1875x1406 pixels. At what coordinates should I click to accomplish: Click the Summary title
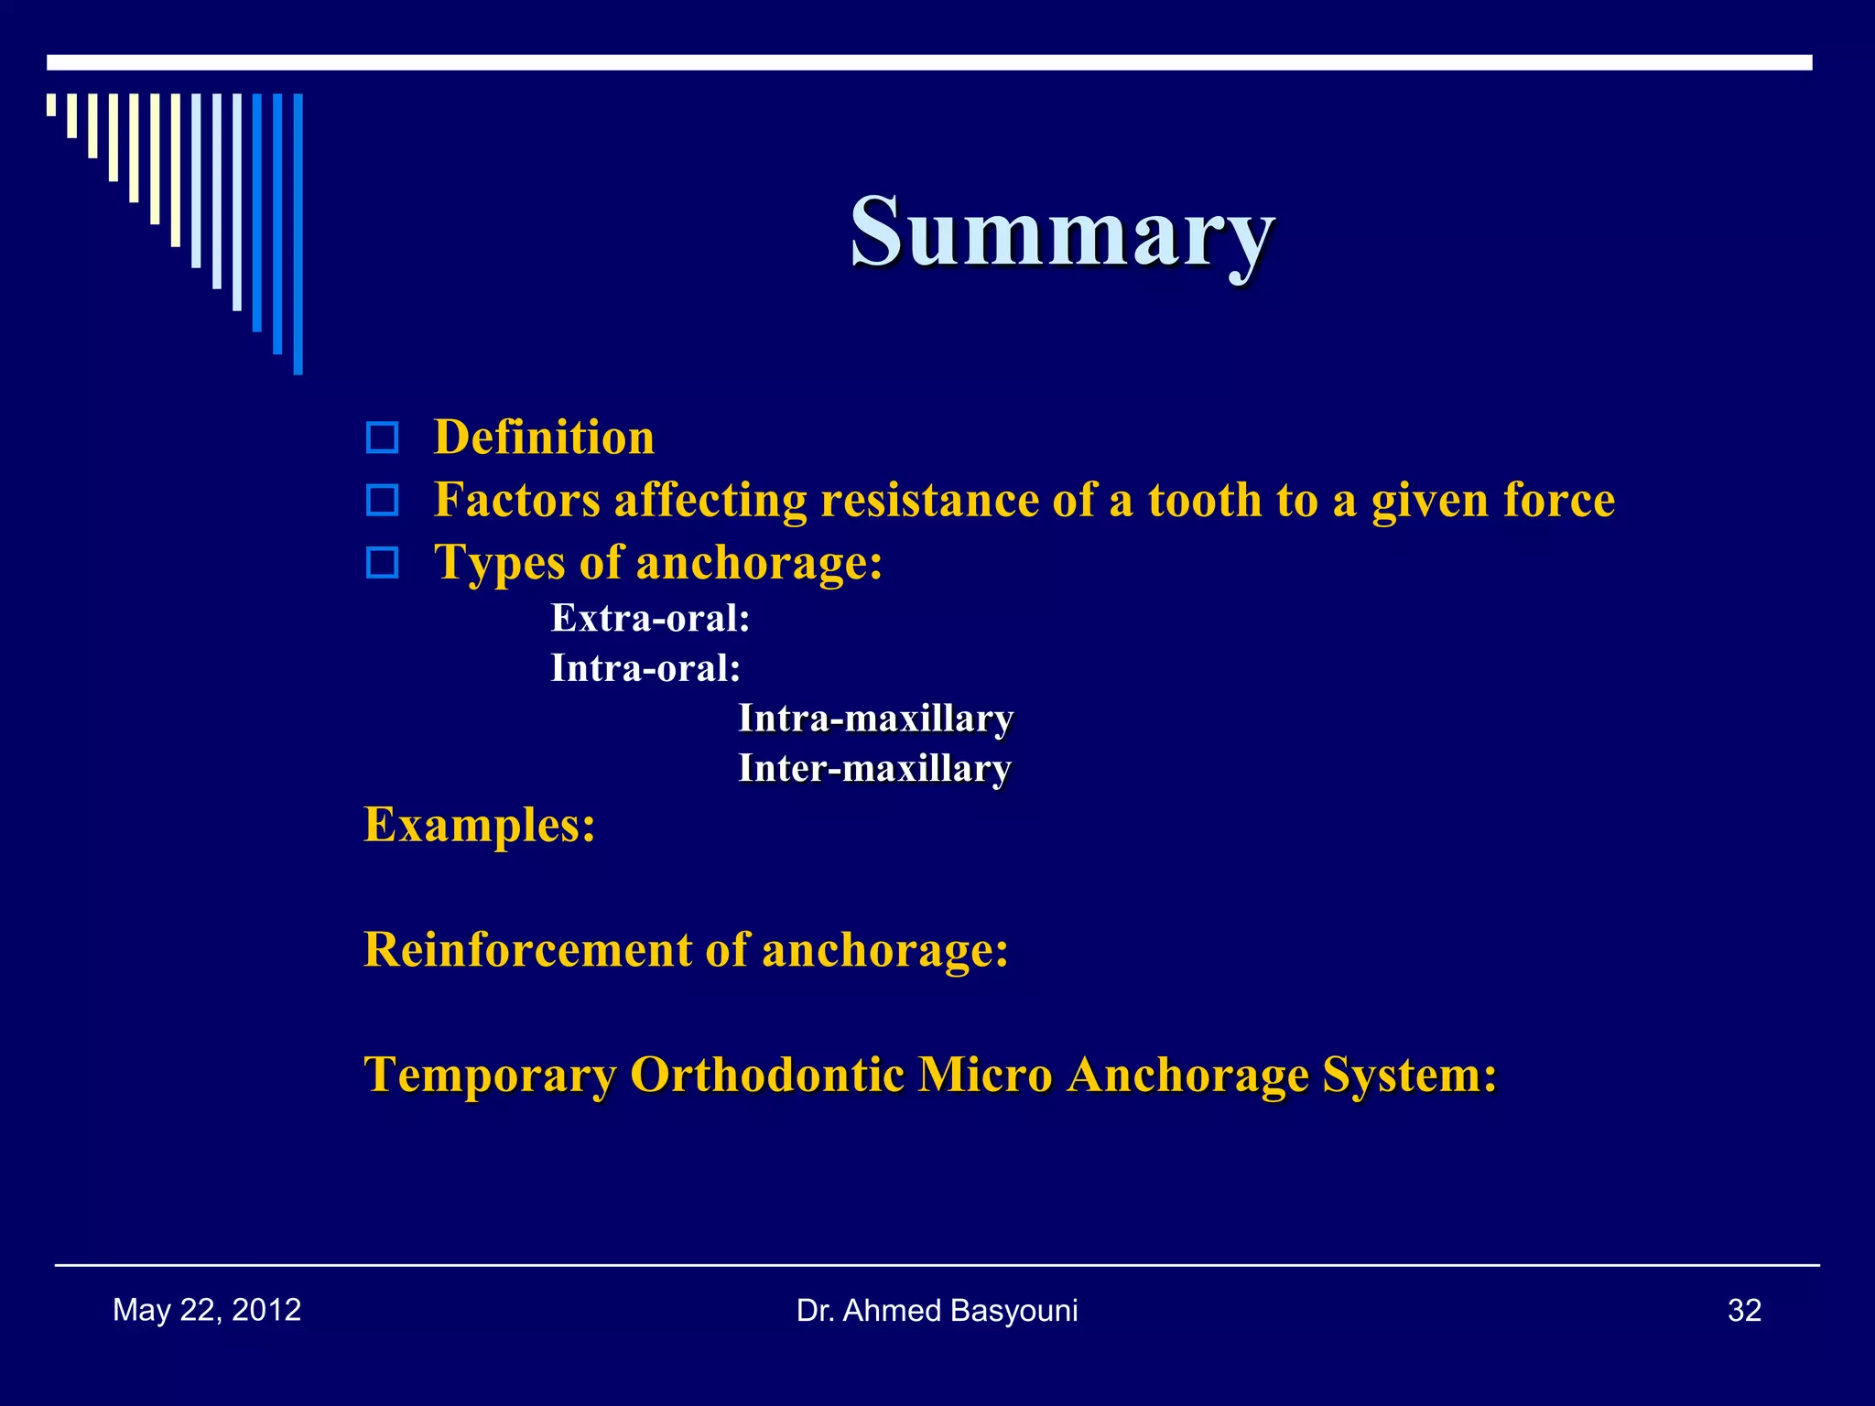1062,233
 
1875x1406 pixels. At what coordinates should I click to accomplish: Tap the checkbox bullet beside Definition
382,438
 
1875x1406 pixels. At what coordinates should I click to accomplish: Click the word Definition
544,438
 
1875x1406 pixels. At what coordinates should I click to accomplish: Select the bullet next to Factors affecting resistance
382,500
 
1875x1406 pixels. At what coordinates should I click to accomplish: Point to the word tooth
1205,500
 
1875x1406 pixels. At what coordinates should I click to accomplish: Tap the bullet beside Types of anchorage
382,562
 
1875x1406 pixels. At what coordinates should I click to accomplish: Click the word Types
499,562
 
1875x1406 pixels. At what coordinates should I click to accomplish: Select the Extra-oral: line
650,619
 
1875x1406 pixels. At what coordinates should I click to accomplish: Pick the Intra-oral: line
645,668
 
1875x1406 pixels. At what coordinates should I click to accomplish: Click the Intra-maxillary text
875,719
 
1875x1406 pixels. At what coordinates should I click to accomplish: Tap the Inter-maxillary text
874,768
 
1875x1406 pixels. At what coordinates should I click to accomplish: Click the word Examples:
480,824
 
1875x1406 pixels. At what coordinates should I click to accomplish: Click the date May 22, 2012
207,1310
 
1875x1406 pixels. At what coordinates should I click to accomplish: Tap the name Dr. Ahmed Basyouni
937,1311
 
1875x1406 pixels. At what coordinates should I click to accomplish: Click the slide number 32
1744,1311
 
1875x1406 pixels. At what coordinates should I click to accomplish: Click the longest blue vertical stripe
298,234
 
